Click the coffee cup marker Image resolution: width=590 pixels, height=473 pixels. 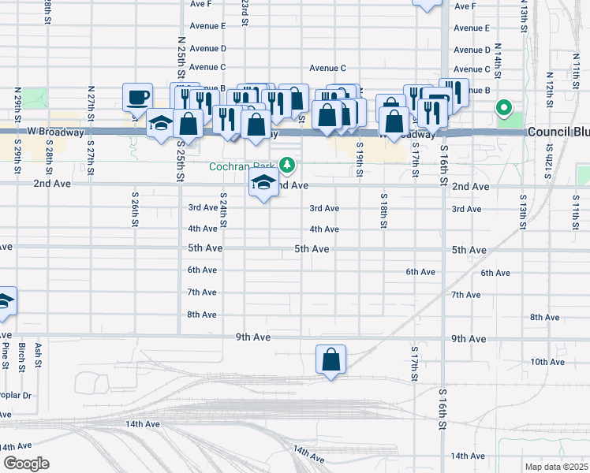tap(137, 98)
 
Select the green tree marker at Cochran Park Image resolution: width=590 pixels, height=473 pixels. tap(289, 166)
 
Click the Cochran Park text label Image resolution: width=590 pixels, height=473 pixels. tap(241, 166)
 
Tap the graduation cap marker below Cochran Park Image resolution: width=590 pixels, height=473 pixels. tap(263, 185)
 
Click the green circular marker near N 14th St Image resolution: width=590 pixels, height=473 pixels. tap(502, 108)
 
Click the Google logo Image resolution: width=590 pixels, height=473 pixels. tap(25, 464)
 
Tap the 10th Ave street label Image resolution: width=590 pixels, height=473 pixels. tap(547, 362)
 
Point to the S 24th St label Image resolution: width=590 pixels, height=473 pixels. tap(224, 210)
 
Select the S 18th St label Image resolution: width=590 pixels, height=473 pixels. tap(383, 210)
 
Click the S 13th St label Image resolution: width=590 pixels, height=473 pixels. tap(522, 210)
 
